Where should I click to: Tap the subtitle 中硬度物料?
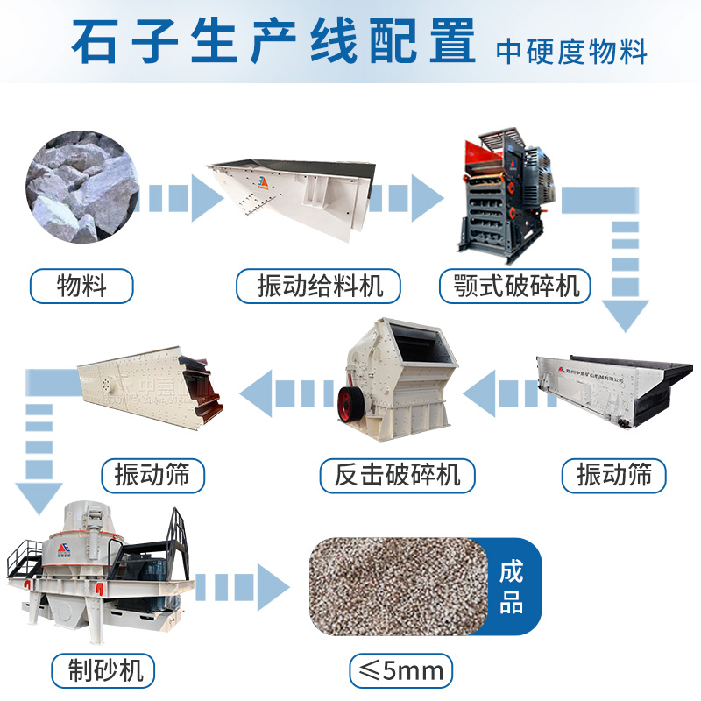(571, 51)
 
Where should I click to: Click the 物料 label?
(81, 286)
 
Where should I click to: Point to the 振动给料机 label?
(317, 286)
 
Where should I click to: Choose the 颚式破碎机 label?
(516, 286)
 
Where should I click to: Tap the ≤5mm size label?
(402, 671)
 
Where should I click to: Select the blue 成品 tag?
(511, 587)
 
